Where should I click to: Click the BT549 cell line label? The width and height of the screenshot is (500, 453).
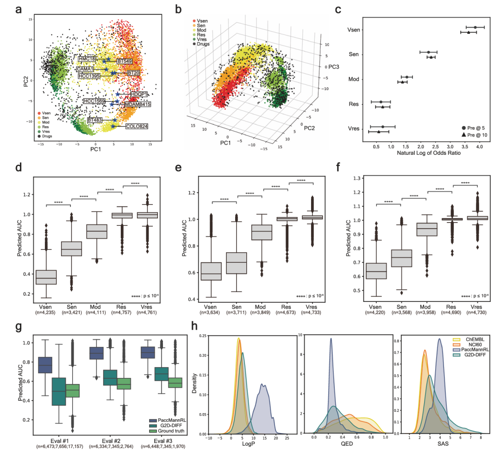[125, 61]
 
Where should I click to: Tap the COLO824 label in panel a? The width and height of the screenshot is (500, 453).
[137, 126]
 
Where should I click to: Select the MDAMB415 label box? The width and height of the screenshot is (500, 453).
[137, 105]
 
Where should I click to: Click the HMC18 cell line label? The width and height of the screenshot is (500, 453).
[87, 59]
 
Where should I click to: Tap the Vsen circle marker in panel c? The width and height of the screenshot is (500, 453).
[475, 27]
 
